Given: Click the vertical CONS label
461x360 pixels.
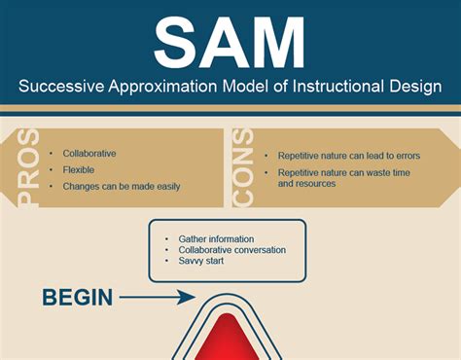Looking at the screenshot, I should [244, 167].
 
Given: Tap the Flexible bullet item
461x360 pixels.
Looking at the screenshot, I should [80, 169].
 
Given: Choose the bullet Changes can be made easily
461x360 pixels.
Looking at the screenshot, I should [121, 186].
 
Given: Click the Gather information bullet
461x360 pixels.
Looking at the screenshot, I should [216, 238].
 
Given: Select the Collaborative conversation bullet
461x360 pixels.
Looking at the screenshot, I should [231, 250].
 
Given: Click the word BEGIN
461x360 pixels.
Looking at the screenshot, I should [77, 297].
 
